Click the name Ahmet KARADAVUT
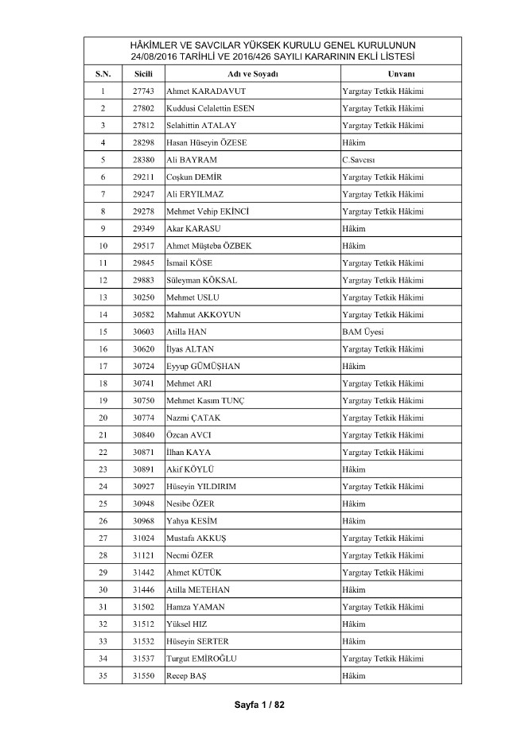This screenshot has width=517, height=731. [x=206, y=91]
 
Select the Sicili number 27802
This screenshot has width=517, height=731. [x=144, y=108]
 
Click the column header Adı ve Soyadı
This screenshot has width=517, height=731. [x=251, y=74]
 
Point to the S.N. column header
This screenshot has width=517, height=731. [x=103, y=74]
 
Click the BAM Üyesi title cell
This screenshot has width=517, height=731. [x=362, y=332]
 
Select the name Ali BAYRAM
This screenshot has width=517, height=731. [x=192, y=160]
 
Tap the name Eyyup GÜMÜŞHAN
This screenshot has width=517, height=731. [x=203, y=366]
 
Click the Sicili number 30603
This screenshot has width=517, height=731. [x=144, y=332]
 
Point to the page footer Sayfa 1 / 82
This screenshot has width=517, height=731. [x=258, y=706]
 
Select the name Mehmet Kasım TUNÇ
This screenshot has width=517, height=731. [x=205, y=400]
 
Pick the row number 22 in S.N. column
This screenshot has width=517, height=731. [x=103, y=452]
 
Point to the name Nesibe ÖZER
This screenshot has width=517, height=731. [x=190, y=504]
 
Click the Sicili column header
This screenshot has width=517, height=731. [x=144, y=74]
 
